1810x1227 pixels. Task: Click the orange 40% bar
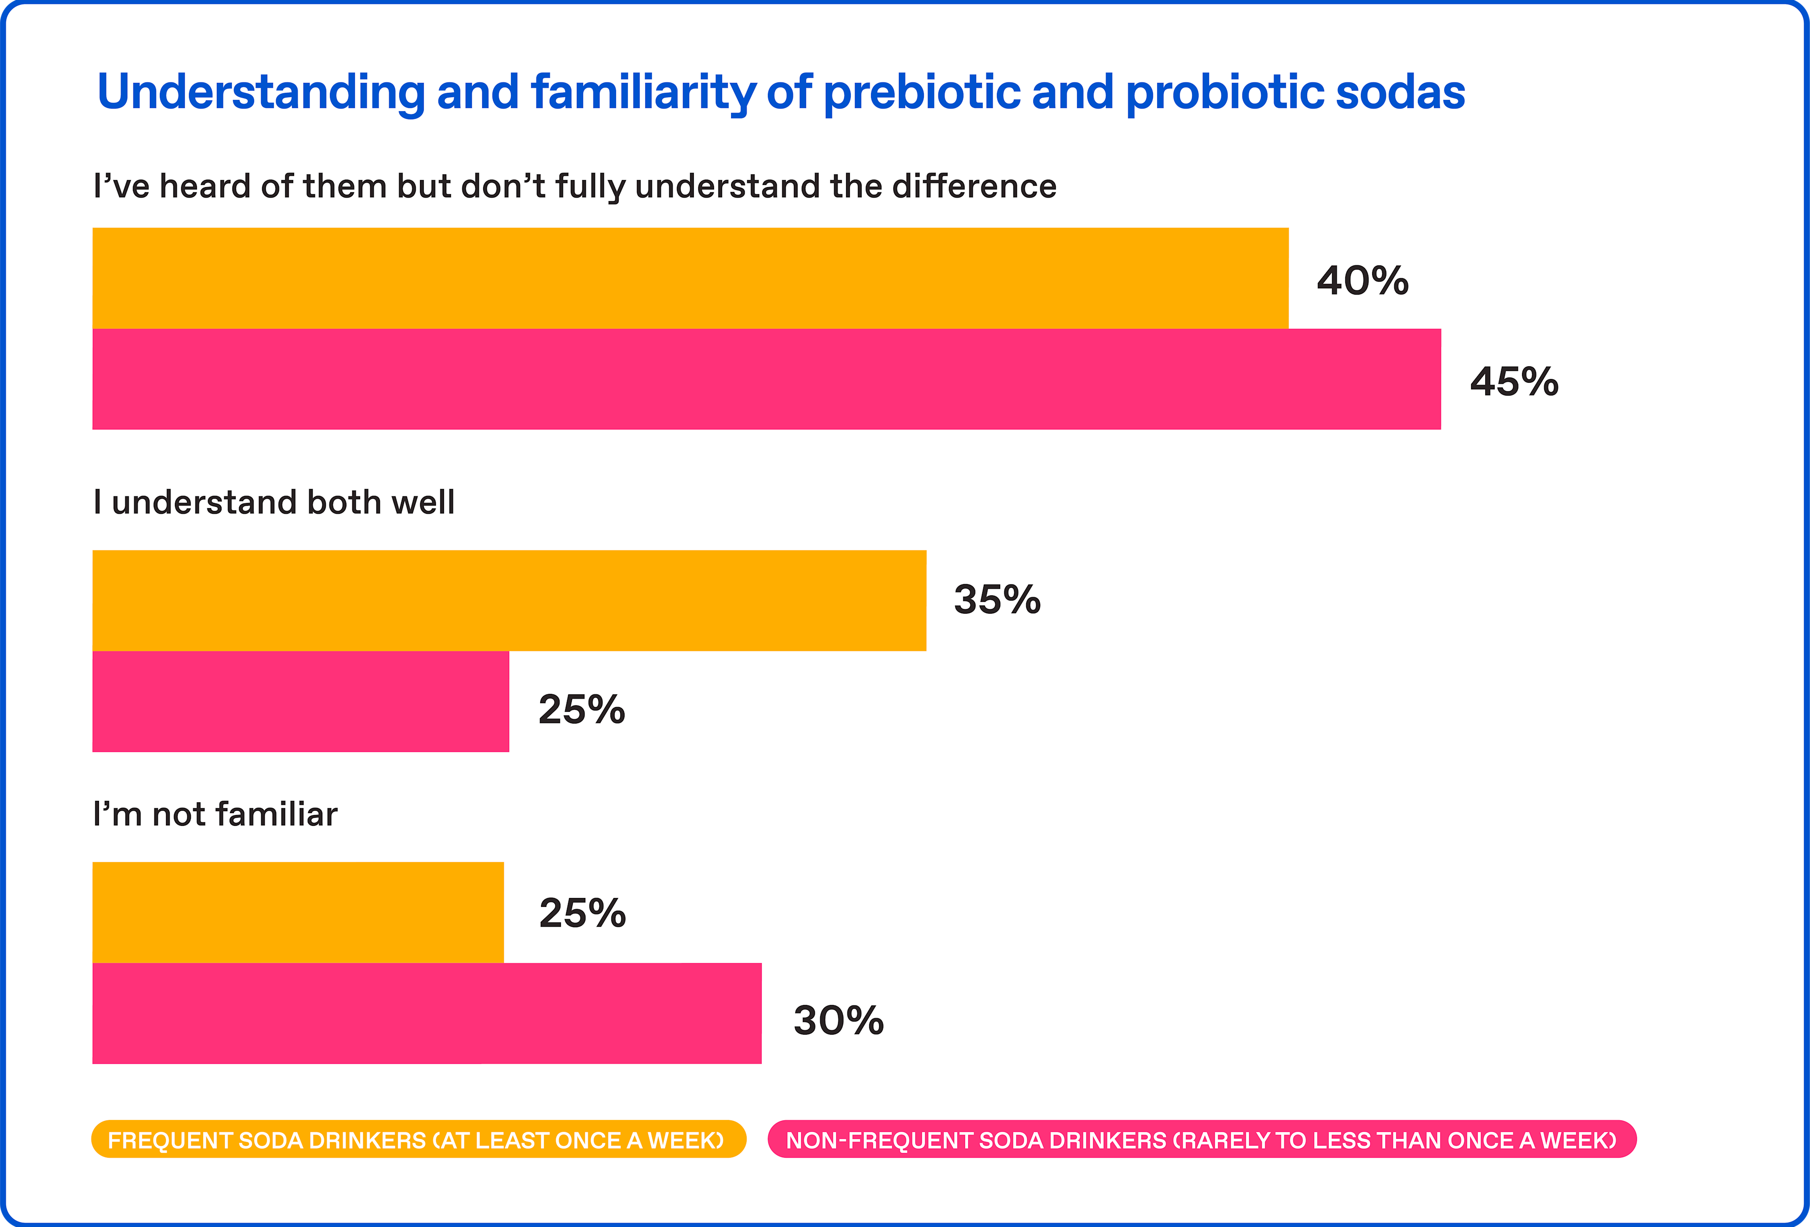[x=690, y=278]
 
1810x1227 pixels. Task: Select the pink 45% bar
[x=766, y=379]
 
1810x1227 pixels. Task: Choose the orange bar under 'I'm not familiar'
[x=298, y=912]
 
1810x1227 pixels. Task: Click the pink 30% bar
[x=427, y=1013]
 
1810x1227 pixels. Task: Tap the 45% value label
[x=1514, y=382]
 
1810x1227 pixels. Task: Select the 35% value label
[x=997, y=600]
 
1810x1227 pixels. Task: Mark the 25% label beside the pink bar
[x=581, y=710]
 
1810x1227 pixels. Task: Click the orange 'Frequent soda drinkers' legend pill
[x=418, y=1140]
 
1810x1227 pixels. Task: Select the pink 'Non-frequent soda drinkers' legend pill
[x=1202, y=1140]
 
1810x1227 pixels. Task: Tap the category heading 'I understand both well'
[x=273, y=502]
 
